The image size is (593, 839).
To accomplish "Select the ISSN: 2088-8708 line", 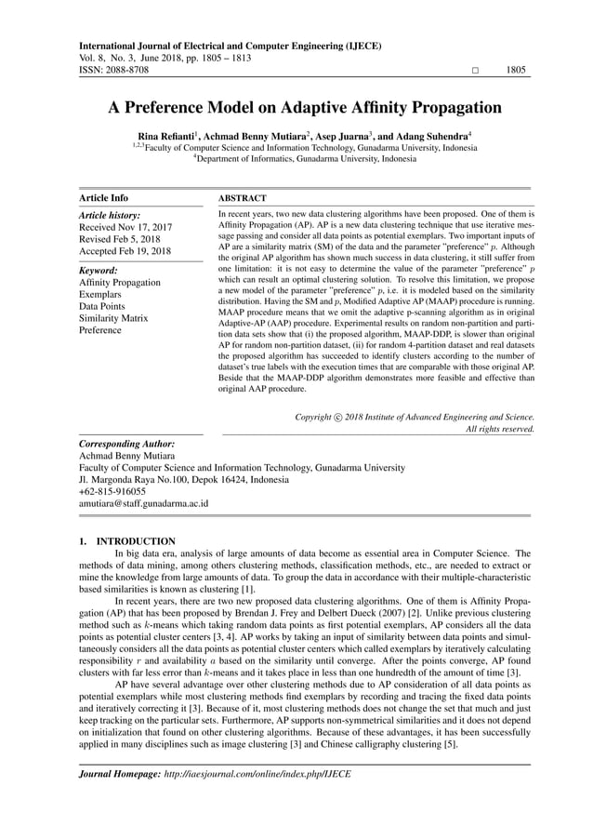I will [x=113, y=70].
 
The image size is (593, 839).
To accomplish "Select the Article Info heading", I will [x=104, y=198].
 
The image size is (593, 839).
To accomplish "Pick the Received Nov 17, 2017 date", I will [x=125, y=225].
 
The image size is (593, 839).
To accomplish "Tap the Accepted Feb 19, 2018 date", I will [x=125, y=251].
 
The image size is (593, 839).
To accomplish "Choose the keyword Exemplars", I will [x=101, y=294].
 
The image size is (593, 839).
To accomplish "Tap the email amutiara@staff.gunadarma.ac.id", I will [x=143, y=503].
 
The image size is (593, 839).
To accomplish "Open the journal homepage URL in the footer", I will [x=257, y=774].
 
